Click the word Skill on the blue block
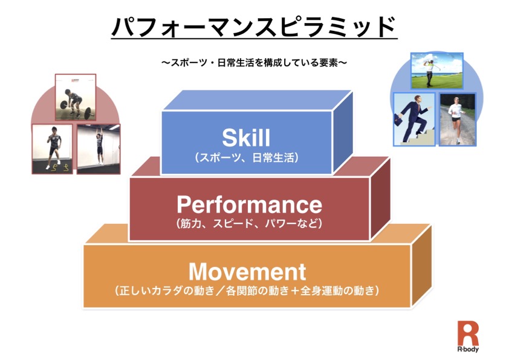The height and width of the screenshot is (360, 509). [x=246, y=138]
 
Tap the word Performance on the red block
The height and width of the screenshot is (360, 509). [x=249, y=205]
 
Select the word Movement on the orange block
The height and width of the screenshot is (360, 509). [x=247, y=272]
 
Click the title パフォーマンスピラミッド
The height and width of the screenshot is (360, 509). [x=254, y=26]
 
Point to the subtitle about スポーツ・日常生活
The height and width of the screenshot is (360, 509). [x=254, y=62]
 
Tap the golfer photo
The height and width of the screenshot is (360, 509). [x=437, y=71]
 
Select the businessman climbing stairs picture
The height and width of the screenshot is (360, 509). [x=414, y=119]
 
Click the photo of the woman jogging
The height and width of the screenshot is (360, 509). [x=458, y=120]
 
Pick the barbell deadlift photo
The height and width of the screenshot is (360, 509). [x=76, y=97]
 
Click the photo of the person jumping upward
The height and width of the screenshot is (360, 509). [x=99, y=149]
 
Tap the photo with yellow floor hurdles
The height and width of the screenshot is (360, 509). [x=52, y=149]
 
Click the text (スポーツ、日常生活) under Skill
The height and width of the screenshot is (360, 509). [x=247, y=158]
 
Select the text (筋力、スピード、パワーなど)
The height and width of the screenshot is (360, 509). [x=249, y=223]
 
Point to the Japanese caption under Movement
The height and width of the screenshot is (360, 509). [x=247, y=290]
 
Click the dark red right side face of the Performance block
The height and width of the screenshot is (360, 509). [x=380, y=198]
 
